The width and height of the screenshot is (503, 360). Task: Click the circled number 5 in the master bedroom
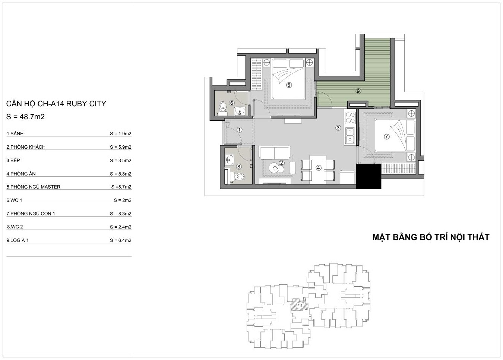coord(289,85)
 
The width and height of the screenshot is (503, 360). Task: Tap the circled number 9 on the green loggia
coord(358,91)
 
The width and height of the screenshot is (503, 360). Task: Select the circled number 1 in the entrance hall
coord(239,130)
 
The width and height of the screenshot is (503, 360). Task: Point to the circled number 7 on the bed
coord(386,136)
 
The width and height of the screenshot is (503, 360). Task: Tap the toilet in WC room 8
coord(238,177)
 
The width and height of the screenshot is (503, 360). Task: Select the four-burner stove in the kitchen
coord(350,118)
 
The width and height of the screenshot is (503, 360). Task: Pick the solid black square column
coord(369,176)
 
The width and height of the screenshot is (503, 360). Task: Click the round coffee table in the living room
coord(274,168)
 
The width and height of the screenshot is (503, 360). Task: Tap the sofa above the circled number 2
coord(274,153)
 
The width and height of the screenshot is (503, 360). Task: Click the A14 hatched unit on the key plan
coord(299,305)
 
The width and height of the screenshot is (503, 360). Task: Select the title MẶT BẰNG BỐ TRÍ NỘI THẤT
coord(431,237)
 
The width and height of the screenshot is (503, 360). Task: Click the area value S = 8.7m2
coord(121,187)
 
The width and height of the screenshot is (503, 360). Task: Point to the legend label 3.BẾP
coord(13,160)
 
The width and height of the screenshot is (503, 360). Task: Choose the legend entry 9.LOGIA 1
coord(18,240)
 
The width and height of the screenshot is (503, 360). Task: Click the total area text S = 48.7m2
coord(25,117)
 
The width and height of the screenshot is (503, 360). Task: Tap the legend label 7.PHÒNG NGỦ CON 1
coord(31,213)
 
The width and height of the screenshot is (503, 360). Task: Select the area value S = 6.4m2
coord(121,240)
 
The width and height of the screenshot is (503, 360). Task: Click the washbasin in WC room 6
coord(240,111)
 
